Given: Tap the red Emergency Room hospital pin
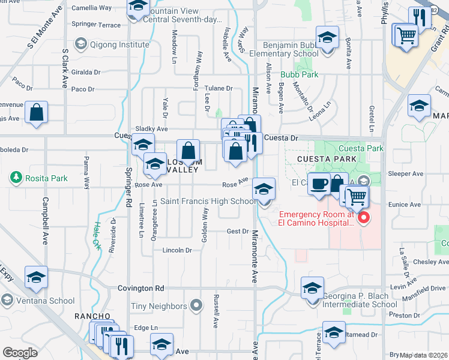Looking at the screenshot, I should (x=363, y=218).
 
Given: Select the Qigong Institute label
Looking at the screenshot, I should (x=118, y=44).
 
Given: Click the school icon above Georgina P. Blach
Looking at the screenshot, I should (x=312, y=289).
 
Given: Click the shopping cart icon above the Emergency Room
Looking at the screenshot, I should (x=356, y=195).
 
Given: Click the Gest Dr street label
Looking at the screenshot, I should (x=238, y=231).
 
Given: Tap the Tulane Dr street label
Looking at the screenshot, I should (x=217, y=88).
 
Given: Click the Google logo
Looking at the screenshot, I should (x=20, y=352).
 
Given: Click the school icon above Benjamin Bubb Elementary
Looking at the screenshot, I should (x=328, y=38).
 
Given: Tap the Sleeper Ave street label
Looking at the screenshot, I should (x=406, y=174).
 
